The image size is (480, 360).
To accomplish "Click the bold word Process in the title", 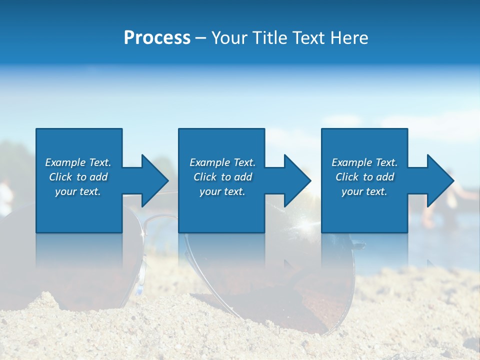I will point(157,38).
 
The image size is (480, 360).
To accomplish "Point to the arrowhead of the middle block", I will point(297,180).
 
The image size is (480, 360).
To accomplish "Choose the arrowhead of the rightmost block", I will point(439,180).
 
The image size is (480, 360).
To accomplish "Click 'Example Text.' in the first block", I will point(78,162).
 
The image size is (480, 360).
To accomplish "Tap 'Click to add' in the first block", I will point(78,177).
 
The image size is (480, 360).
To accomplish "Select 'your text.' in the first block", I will point(78,191).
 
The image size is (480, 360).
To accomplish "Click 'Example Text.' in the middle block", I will point(222,162).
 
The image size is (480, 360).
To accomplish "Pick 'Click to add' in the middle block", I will point(222,177).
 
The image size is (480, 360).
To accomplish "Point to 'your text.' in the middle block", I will point(222,191).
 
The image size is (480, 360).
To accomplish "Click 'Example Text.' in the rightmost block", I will point(364,162).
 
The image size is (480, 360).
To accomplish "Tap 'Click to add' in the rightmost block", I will point(364,177).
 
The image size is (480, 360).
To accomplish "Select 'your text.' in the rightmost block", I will point(364,191).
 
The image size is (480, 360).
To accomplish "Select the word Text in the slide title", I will point(309,38).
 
